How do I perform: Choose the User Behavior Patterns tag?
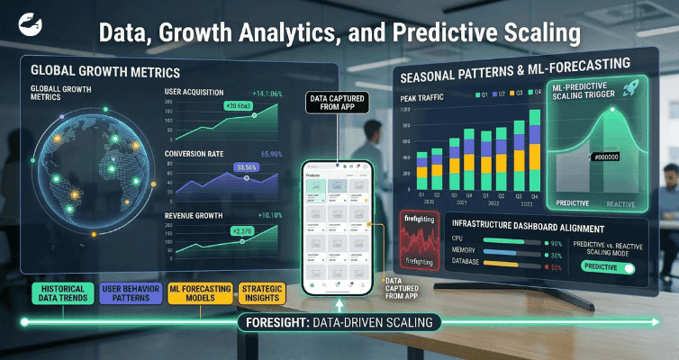coord(132,293)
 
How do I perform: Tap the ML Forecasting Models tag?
coord(199,293)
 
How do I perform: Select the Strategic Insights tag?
coord(261,293)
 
